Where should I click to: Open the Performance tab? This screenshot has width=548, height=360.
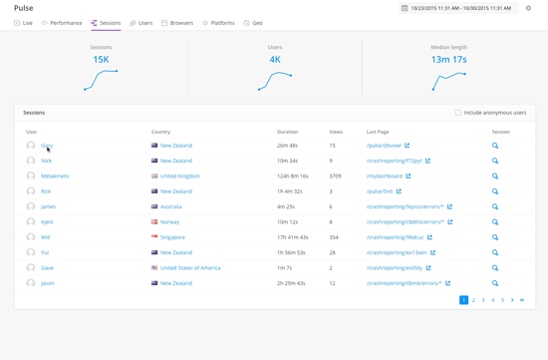(x=63, y=23)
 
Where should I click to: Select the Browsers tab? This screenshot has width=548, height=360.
(x=178, y=23)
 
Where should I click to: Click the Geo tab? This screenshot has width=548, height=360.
(x=254, y=23)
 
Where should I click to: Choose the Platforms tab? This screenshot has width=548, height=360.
(x=219, y=23)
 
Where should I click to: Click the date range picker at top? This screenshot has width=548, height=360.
(x=456, y=8)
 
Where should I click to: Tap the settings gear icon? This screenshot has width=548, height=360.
(x=529, y=8)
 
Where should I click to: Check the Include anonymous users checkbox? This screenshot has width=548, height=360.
(x=458, y=113)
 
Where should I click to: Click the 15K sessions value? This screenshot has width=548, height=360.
(x=101, y=60)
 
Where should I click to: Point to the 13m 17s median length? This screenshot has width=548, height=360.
(x=448, y=60)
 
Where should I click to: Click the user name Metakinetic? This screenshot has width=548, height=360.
(x=55, y=177)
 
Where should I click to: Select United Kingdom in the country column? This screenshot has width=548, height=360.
(x=179, y=177)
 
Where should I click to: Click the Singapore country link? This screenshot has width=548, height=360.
(x=172, y=237)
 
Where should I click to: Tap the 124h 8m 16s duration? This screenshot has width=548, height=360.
(x=293, y=177)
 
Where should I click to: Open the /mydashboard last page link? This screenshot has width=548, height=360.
(x=385, y=177)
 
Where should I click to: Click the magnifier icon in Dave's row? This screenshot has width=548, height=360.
(x=495, y=268)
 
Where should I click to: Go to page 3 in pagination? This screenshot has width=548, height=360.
(x=483, y=300)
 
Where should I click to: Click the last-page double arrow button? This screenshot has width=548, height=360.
(x=522, y=300)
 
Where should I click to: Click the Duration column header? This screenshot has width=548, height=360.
(x=287, y=132)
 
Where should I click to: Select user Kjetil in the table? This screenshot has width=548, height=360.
(x=47, y=222)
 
